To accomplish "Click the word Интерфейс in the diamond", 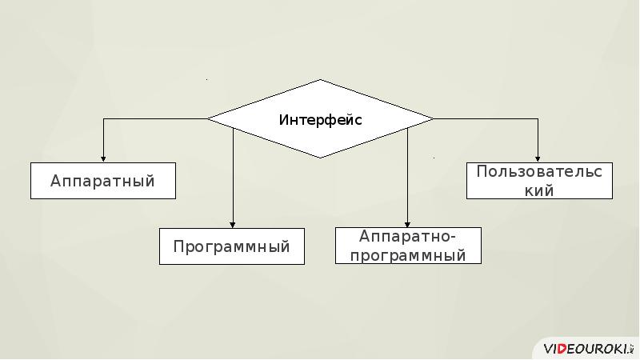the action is click(320, 120).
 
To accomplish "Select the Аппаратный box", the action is click(103, 181).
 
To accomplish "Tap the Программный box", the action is click(232, 246).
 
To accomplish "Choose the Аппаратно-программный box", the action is click(408, 246).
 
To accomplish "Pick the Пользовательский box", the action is click(539, 181).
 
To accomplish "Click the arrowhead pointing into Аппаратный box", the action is click(103, 158).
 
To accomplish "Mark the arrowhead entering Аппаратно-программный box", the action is click(408, 223).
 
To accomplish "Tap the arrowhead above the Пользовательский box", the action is click(538, 158).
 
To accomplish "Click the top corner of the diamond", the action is click(321, 80).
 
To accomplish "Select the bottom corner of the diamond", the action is click(321, 158).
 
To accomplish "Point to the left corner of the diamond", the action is click(208, 118).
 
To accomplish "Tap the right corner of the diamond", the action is click(433, 118).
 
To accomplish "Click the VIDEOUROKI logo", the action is click(587, 349).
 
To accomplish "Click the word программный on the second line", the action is click(408, 256).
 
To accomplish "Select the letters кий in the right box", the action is click(539, 190).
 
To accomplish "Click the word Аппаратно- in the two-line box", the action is click(408, 237).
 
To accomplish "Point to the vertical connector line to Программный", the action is click(233, 176).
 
